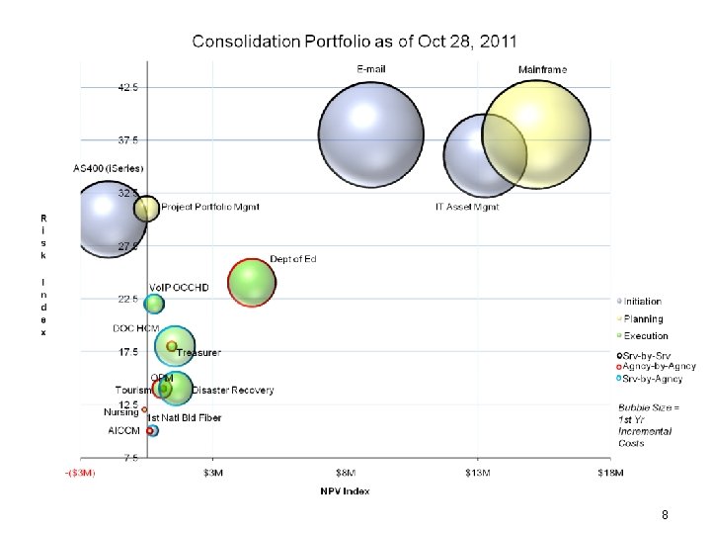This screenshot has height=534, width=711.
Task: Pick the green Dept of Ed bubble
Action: (x=251, y=283)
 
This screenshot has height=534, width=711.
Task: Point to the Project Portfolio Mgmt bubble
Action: (x=146, y=208)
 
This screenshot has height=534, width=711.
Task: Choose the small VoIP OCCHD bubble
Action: (x=154, y=304)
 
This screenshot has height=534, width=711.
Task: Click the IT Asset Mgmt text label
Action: (x=467, y=208)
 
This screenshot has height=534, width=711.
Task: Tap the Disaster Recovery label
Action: (x=233, y=391)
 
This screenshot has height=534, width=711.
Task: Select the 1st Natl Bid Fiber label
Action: (x=185, y=418)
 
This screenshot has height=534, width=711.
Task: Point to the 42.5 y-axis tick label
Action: (x=128, y=87)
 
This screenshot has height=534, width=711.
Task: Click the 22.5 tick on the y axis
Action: (x=128, y=299)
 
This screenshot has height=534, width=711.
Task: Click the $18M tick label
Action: (x=610, y=473)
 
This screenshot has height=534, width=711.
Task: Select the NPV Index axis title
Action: (x=345, y=491)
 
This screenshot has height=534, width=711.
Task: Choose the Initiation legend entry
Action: (x=642, y=302)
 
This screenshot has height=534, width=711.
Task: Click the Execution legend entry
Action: (x=645, y=336)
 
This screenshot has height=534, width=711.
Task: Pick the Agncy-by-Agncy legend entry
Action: (x=659, y=366)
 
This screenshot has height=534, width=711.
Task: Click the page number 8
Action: (x=666, y=515)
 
